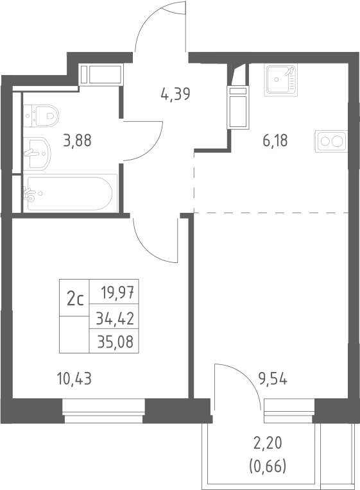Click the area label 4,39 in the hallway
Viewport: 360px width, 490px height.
[175, 94]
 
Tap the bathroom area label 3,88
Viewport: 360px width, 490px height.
[77, 140]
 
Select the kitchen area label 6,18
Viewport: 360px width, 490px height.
[275, 140]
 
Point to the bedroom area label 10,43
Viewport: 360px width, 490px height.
[74, 379]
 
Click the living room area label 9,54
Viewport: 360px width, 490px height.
[273, 379]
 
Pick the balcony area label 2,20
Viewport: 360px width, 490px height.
[268, 443]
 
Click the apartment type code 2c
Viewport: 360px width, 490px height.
[75, 300]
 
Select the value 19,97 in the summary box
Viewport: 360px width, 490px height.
[117, 293]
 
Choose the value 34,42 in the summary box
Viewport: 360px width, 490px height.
[115, 319]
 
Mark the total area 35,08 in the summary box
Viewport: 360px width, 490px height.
[116, 342]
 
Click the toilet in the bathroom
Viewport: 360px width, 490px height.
[41, 116]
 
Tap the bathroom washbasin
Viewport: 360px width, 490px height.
[37, 153]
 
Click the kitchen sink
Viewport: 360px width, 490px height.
[281, 80]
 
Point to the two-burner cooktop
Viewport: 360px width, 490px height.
[331, 141]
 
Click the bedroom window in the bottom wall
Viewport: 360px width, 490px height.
[103, 411]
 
